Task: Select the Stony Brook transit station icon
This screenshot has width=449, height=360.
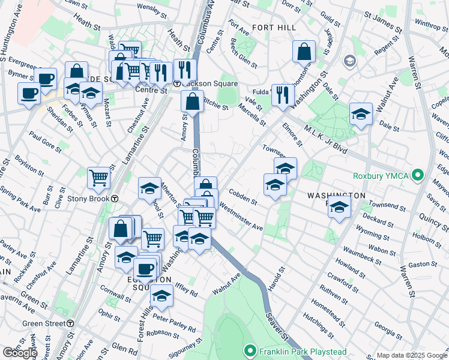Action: tap(114, 199)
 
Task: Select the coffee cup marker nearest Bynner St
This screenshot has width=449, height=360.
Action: tap(45, 78)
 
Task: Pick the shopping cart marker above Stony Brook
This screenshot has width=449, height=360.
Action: tap(98, 177)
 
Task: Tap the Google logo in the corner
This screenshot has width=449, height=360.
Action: tap(20, 353)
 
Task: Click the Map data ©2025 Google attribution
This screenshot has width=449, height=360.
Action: tap(411, 355)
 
